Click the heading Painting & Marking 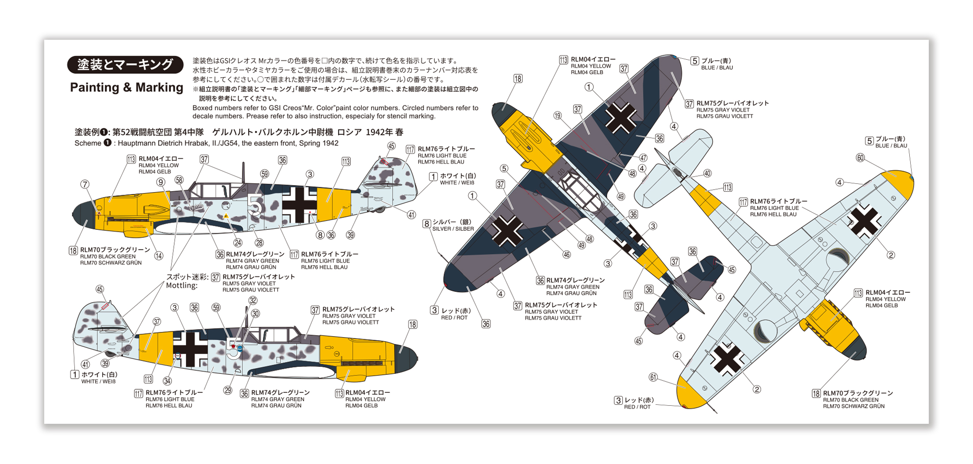126,87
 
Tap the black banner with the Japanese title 125,65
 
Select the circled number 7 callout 85,184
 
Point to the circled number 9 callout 161,182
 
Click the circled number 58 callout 179,180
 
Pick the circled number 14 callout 158,255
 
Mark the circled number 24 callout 238,243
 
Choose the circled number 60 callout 860,158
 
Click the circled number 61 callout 653,377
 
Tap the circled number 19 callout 557,116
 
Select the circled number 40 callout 707,174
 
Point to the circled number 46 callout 567,255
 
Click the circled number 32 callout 253,300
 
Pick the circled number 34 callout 167,381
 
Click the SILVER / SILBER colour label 453,229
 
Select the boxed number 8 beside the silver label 426,224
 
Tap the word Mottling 182,285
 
